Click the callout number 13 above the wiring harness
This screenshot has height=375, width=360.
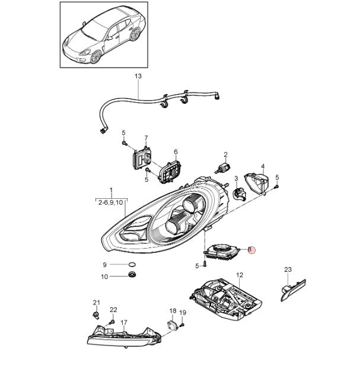tap(138, 77)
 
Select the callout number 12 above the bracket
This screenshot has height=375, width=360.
tap(240, 275)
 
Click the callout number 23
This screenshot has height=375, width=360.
tap(288, 270)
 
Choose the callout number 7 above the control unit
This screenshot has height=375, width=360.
tap(146, 138)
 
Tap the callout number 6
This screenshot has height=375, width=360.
tap(176, 151)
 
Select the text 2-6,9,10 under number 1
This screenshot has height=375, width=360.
tap(111, 202)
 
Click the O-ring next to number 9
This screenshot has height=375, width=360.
tap(132, 264)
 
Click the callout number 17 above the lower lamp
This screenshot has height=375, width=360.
tap(124, 323)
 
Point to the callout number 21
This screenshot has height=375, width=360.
tap(96, 303)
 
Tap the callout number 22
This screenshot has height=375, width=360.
tap(113, 310)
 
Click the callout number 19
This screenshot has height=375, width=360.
tap(183, 313)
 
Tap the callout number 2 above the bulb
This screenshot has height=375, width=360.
tap(225, 155)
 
